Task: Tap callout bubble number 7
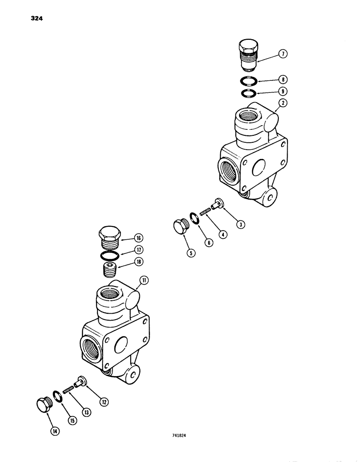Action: [x=283, y=54]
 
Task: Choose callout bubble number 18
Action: [x=138, y=261]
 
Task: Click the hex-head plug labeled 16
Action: [x=109, y=238]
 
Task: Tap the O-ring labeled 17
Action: [x=110, y=255]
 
